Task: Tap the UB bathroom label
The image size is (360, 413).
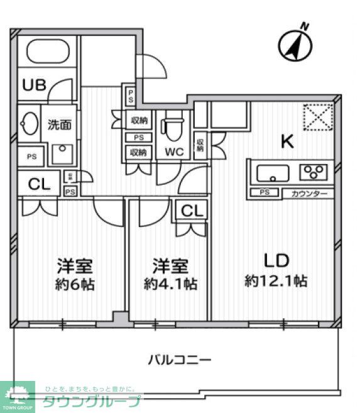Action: pyautogui.click(x=35, y=85)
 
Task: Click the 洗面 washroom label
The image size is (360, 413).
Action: pyautogui.click(x=60, y=124)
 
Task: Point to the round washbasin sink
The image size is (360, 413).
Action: pyautogui.click(x=28, y=123)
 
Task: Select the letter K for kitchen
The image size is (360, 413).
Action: pyautogui.click(x=286, y=142)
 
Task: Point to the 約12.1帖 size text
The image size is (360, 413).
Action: pyautogui.click(x=276, y=281)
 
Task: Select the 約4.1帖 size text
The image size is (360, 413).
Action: pyautogui.click(x=170, y=284)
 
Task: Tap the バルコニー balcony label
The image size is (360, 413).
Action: pyautogui.click(x=180, y=360)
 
